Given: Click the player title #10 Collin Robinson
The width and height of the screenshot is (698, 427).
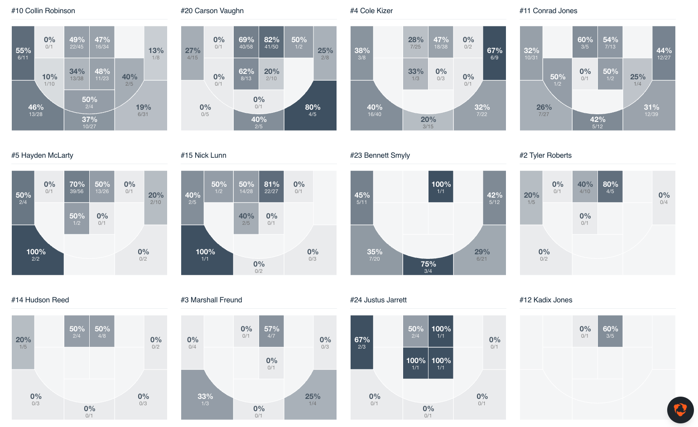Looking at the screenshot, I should point(43,11).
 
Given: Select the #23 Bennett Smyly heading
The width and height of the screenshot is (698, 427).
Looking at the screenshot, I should point(380,155).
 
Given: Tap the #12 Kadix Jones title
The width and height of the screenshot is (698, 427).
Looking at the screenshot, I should point(545,300).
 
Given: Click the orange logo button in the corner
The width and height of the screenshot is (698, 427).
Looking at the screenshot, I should point(680,410).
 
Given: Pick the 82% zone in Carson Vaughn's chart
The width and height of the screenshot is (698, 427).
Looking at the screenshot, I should point(271,42).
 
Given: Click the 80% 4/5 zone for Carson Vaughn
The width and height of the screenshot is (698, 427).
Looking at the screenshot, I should point(313,110).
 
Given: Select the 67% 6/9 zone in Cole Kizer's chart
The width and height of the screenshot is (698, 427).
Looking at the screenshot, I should point(494,53).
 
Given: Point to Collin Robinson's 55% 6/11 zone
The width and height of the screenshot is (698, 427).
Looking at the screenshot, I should point(23,53).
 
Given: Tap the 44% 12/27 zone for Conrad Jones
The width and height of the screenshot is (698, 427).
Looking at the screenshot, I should point(664,53).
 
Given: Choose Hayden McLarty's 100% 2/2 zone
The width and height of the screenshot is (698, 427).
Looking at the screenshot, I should point(36,254).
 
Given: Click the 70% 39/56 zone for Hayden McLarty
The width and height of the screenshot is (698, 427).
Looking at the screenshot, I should point(77,187).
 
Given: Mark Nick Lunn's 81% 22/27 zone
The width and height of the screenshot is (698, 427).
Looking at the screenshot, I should point(271,187).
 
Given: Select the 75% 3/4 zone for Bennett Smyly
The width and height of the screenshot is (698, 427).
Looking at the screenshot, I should point(428,267).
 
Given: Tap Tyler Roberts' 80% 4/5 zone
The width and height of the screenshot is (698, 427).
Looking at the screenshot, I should point(610,187).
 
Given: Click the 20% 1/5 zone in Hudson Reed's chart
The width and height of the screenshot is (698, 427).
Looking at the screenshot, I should point(23,342).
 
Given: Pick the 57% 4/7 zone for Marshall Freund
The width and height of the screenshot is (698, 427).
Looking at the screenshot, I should point(271,331).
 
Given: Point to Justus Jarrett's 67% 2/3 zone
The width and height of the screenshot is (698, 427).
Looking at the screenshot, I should point(362,342).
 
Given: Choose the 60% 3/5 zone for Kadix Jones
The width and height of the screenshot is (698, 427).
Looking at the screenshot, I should point(610,331).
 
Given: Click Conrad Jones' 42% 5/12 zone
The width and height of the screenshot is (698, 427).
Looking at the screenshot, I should point(597,122).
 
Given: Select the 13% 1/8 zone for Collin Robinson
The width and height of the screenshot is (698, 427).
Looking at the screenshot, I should point(155,53).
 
